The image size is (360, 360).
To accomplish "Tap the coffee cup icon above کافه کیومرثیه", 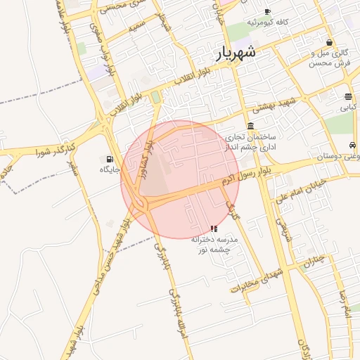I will click(x=267, y=11).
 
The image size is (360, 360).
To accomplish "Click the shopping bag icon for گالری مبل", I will click(x=329, y=42).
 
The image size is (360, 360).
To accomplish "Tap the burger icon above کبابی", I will click(x=348, y=97).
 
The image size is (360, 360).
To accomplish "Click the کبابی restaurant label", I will click(x=348, y=108).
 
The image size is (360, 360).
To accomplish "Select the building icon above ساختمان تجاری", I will click(x=250, y=125).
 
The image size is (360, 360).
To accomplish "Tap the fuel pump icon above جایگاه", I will click(x=109, y=159).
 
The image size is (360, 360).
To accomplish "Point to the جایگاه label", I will click(x=110, y=169).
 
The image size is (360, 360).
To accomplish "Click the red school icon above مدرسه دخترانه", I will click(x=214, y=229).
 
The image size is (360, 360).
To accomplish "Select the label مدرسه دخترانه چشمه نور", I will click(x=216, y=244).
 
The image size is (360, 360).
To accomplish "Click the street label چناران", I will click(x=314, y=261).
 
